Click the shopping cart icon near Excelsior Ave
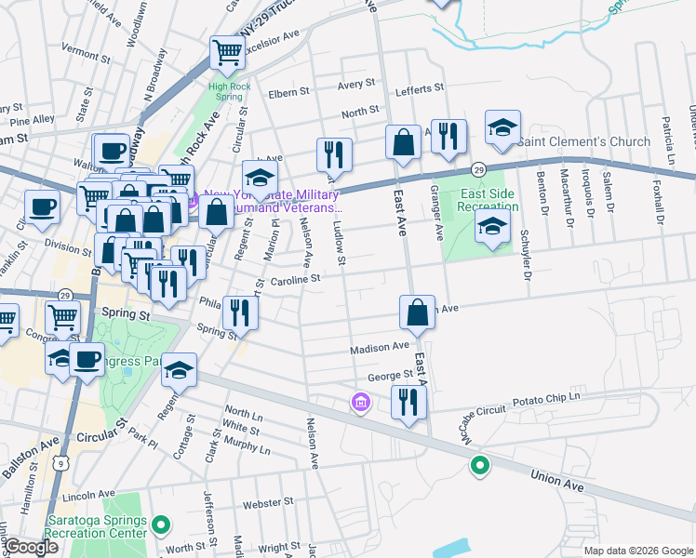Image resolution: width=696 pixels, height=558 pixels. (x=226, y=54)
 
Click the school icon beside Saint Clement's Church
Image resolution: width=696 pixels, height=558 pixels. (x=502, y=129)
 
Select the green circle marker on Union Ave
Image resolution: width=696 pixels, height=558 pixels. (x=479, y=465)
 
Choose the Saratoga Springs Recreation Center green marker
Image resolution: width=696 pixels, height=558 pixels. (x=161, y=526)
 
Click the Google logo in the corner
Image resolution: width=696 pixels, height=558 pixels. (x=31, y=547)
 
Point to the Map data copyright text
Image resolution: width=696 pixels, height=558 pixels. (x=637, y=551)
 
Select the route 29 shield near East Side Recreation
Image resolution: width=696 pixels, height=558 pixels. (x=477, y=169)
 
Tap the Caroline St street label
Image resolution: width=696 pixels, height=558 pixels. (x=295, y=278)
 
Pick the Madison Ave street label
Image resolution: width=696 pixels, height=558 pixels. (x=380, y=348)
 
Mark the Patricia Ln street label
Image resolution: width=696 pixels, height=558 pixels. (x=667, y=134)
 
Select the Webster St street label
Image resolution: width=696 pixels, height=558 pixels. (x=269, y=503)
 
